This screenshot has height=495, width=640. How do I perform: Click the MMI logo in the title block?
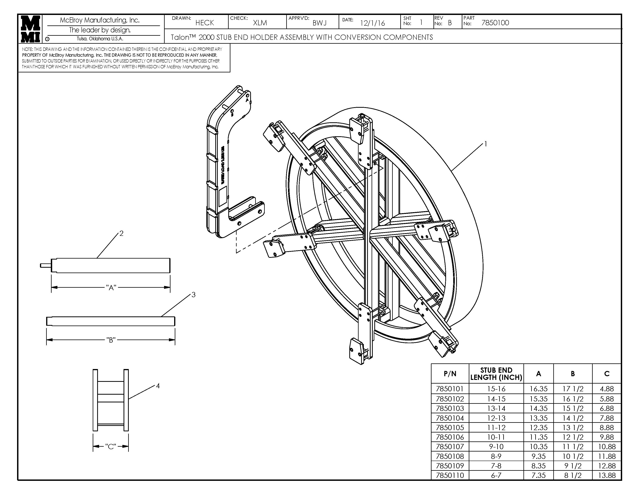click(30, 29)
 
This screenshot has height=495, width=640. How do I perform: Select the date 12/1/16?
click(372, 23)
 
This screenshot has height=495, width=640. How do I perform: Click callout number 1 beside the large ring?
click(486, 144)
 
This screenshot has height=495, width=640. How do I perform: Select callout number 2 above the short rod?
click(121, 233)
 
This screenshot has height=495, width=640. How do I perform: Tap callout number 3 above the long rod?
click(193, 295)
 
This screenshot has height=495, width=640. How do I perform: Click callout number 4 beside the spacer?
click(158, 386)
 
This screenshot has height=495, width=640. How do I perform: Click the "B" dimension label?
click(111, 340)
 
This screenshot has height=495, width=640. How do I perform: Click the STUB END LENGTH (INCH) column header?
click(496, 374)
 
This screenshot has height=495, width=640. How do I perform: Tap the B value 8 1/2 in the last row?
click(573, 475)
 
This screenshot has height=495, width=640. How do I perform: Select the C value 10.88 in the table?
click(607, 447)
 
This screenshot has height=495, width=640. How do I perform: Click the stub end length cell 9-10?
click(496, 447)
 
